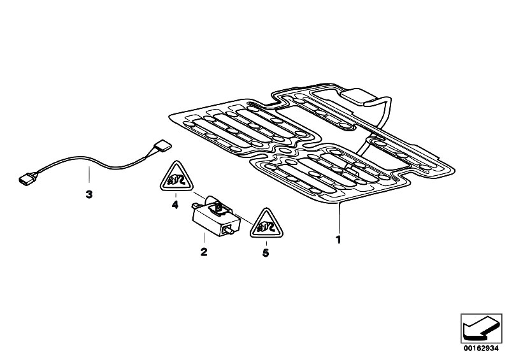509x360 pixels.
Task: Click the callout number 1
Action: (x=338, y=240)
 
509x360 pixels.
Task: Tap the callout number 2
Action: (x=204, y=252)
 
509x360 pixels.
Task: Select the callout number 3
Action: (x=89, y=194)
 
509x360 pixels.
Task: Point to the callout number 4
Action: (x=175, y=205)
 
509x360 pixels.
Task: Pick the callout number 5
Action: (x=266, y=252)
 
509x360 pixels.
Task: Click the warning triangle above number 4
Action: (x=176, y=178)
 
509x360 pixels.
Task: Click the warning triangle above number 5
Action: (x=266, y=225)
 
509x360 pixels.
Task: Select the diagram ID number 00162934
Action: (x=481, y=349)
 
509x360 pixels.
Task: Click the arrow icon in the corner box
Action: (x=481, y=328)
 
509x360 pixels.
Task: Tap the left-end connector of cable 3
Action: (x=28, y=178)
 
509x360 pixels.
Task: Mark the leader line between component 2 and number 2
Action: (x=204, y=238)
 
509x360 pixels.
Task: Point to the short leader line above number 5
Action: (x=266, y=243)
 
